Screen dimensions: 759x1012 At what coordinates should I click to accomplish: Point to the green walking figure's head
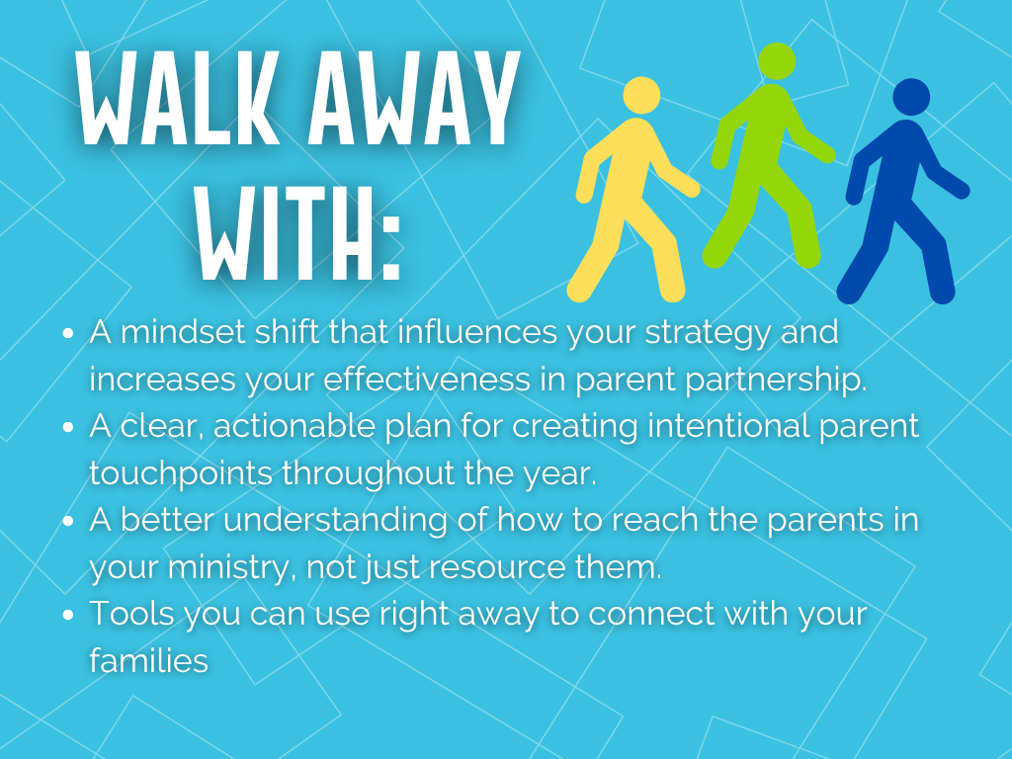tap(777, 61)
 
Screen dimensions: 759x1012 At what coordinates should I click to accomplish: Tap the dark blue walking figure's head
tap(910, 97)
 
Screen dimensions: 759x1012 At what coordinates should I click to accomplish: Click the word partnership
tap(772, 379)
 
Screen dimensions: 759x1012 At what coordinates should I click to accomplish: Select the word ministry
tap(234, 566)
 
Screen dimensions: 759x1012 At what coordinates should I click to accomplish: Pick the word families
tap(148, 660)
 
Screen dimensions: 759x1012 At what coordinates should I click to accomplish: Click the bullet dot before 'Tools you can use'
tap(68, 616)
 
